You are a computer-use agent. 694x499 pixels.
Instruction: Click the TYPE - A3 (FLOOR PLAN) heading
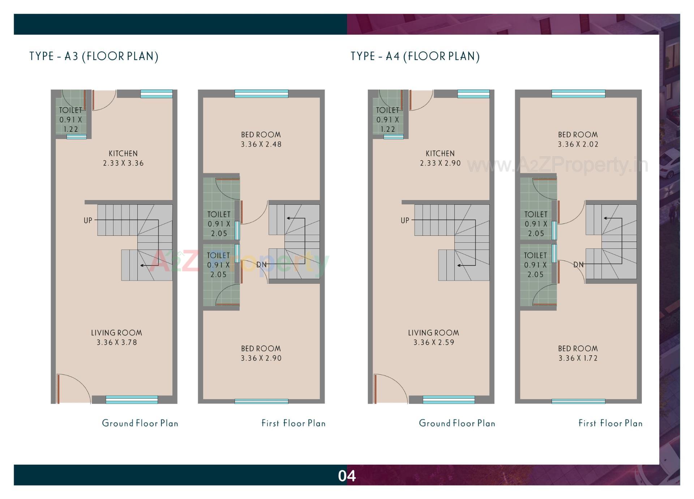(94, 56)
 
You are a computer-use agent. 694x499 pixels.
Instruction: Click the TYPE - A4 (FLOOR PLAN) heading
(415, 56)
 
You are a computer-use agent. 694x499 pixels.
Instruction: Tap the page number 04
(347, 476)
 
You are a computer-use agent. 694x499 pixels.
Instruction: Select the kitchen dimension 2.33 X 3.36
(123, 163)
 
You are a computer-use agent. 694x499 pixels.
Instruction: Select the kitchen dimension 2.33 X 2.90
(440, 163)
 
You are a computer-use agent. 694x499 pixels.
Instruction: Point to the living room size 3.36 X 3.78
(117, 342)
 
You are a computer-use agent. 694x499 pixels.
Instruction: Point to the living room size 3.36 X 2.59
(434, 342)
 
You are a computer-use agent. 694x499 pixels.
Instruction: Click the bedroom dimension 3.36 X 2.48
(261, 144)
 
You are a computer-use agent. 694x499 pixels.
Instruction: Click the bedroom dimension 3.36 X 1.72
(578, 358)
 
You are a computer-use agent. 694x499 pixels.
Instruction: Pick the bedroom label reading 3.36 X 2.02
(578, 144)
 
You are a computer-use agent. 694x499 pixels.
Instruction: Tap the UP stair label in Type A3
(88, 220)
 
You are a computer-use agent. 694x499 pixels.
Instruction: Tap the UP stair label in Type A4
(405, 220)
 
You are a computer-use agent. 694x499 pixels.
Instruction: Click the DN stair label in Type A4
(578, 265)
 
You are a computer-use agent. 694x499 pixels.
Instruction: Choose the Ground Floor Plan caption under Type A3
(140, 423)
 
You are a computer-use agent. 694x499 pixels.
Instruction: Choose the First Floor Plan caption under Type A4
(611, 423)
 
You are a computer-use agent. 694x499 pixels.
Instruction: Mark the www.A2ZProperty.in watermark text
(557, 165)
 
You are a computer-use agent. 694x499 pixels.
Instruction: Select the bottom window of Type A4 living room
(449, 399)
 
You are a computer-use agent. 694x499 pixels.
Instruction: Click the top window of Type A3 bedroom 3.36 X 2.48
(261, 94)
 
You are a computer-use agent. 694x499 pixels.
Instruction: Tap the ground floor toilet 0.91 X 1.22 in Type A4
(387, 120)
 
